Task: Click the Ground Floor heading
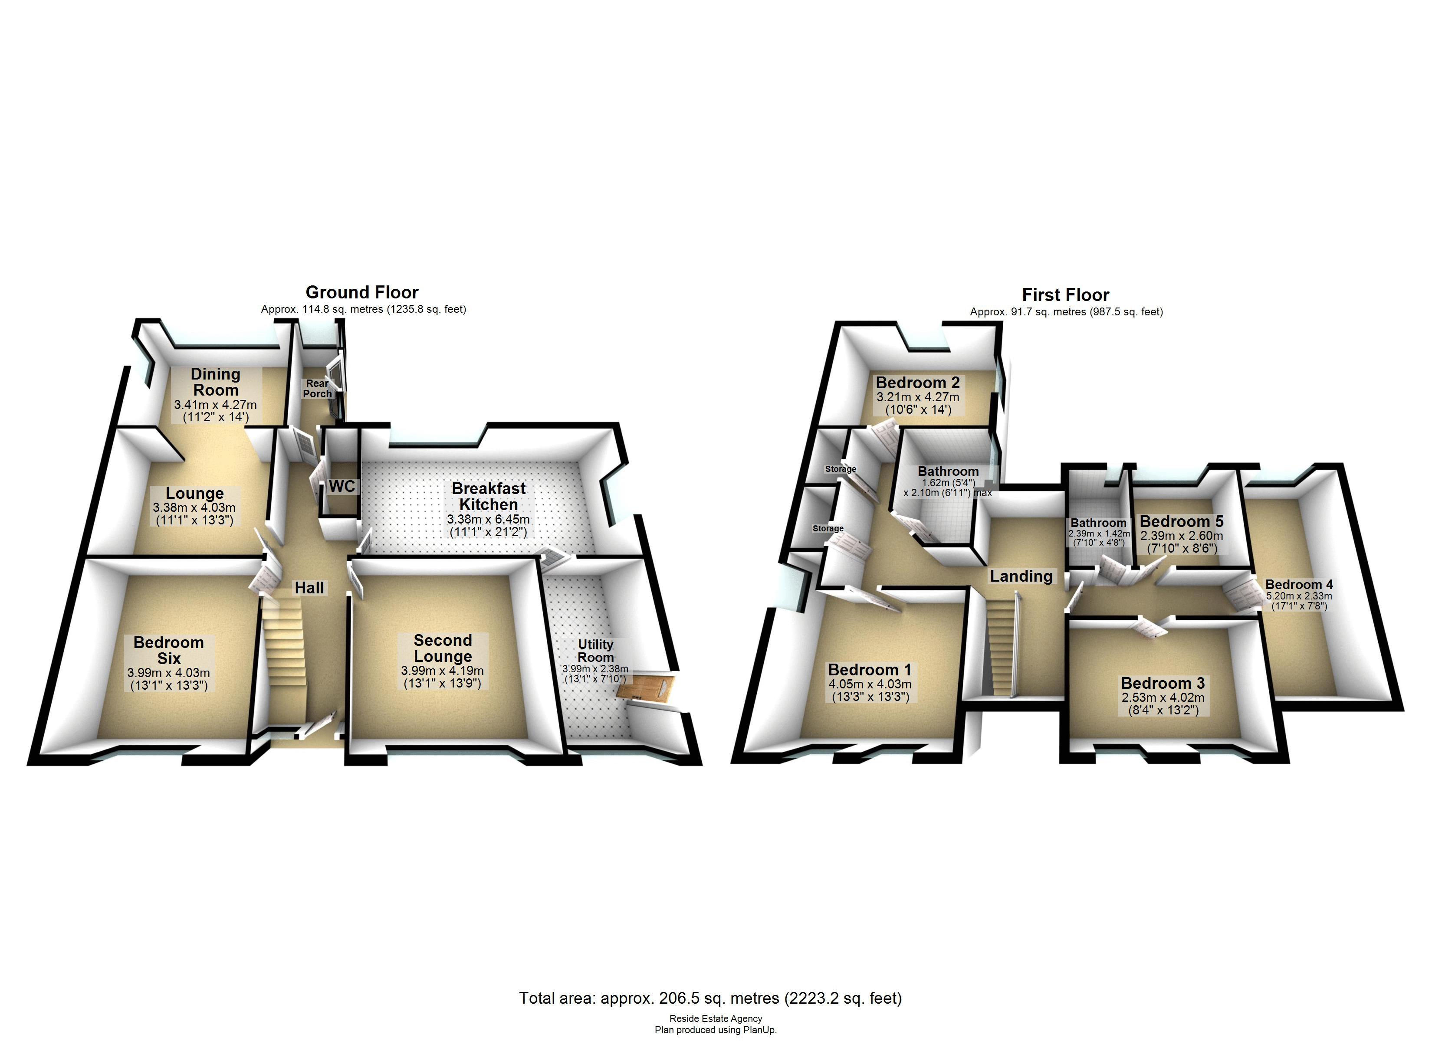point(362,292)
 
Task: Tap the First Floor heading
point(1065,295)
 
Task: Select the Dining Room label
point(215,382)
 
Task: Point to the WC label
point(342,486)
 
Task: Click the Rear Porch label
point(317,388)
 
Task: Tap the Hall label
point(309,588)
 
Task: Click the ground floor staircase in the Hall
point(284,657)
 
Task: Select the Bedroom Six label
point(168,650)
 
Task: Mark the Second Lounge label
point(443,648)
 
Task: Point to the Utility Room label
point(595,650)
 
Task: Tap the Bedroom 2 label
point(917,383)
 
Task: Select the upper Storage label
point(841,469)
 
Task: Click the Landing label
point(1021,576)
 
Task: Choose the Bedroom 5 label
point(1181,521)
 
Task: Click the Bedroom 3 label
point(1163,683)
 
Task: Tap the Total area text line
point(710,998)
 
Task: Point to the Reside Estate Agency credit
point(716,1018)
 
